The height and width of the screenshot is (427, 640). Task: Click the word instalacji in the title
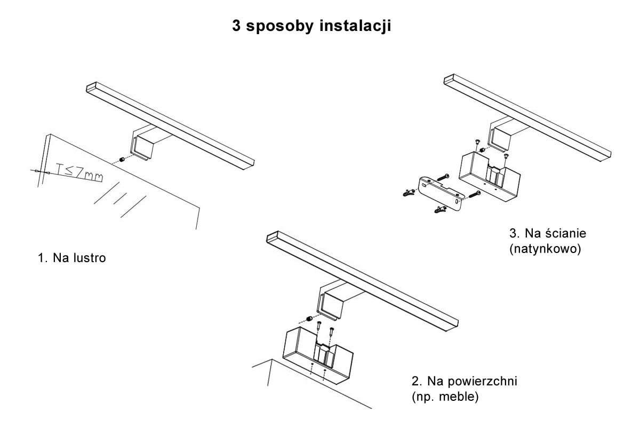click(x=355, y=26)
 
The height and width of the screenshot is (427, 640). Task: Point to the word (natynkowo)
click(x=545, y=249)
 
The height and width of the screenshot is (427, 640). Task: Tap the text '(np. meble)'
click(x=445, y=397)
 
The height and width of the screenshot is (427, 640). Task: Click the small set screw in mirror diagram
click(x=123, y=160)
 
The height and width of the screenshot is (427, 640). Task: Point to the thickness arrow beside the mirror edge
click(x=36, y=171)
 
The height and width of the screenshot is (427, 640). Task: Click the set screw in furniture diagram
click(x=309, y=319)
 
